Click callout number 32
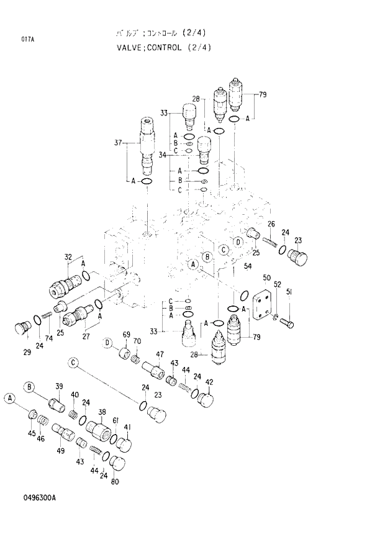tap(68, 256)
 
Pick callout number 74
tap(49, 338)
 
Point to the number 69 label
tap(126, 335)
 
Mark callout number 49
tap(60, 451)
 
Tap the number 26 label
tap(271, 224)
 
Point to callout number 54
tap(247, 267)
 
